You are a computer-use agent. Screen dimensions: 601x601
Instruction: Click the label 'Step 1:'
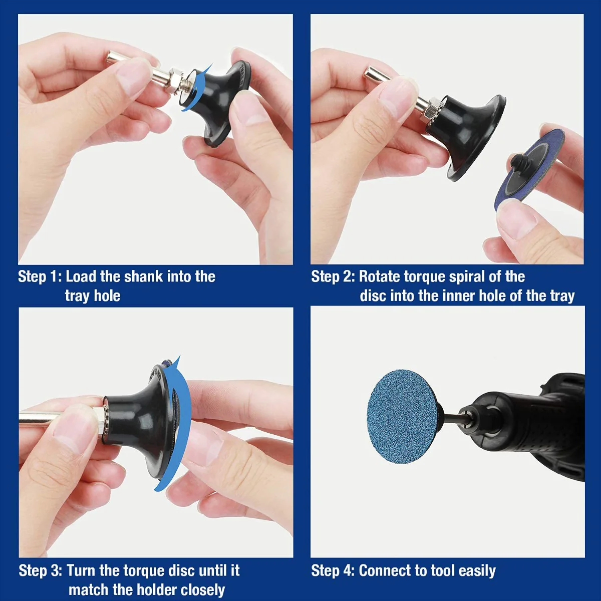pyautogui.click(x=39, y=276)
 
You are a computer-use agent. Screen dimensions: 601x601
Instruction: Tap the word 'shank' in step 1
pyautogui.click(x=143, y=276)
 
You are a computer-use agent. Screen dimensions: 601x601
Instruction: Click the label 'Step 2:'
pyautogui.click(x=333, y=276)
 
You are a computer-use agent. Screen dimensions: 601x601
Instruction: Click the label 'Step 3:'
pyautogui.click(x=40, y=570)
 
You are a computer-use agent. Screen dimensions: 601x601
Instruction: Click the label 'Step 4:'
pyautogui.click(x=333, y=570)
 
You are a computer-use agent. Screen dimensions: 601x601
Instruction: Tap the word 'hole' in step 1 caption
pyautogui.click(x=107, y=295)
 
